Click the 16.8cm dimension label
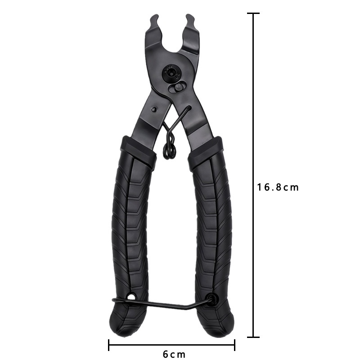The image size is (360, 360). tap(278, 187)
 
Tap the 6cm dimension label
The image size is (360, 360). tap(174, 354)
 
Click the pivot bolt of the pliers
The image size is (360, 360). tap(171, 73)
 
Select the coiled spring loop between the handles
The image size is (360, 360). tap(170, 151)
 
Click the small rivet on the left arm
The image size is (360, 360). tap(154, 109)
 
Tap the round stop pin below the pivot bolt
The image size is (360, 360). tap(177, 87)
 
